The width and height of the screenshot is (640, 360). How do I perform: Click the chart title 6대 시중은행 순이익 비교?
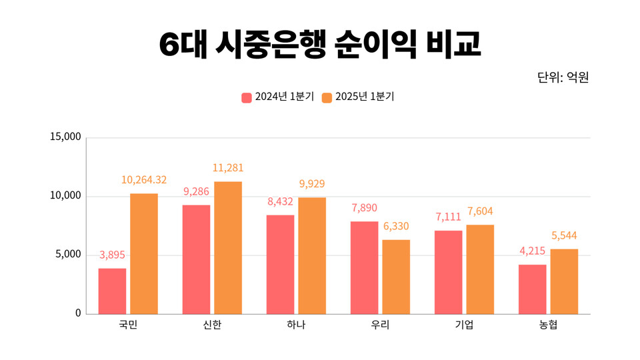[x=320, y=44]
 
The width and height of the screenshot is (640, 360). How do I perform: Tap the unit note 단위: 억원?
[x=563, y=77]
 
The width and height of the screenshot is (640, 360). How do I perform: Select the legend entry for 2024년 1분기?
[x=277, y=97]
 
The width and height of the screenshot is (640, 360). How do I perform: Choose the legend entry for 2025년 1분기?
[x=358, y=97]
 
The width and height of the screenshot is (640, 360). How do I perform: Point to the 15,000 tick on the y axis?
[x=65, y=137]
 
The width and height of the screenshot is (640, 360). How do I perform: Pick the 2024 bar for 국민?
[x=112, y=291]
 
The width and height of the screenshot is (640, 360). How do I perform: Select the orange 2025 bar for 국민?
[x=144, y=253]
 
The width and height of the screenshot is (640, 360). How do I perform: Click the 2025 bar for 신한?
[x=228, y=247]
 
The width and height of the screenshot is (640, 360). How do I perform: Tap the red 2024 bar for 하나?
[x=280, y=264]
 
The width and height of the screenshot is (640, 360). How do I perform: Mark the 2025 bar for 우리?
[x=396, y=277]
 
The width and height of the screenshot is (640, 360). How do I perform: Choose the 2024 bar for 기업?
[x=448, y=272]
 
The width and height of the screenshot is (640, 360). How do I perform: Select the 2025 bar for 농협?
[x=564, y=281]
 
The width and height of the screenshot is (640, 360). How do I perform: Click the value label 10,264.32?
[x=144, y=180]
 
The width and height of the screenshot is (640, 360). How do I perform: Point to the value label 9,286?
[x=197, y=192]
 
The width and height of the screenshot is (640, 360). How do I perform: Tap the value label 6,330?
[x=396, y=226]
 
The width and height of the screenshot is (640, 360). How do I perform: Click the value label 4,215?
[x=532, y=251]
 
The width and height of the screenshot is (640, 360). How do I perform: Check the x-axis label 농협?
[x=548, y=325]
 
